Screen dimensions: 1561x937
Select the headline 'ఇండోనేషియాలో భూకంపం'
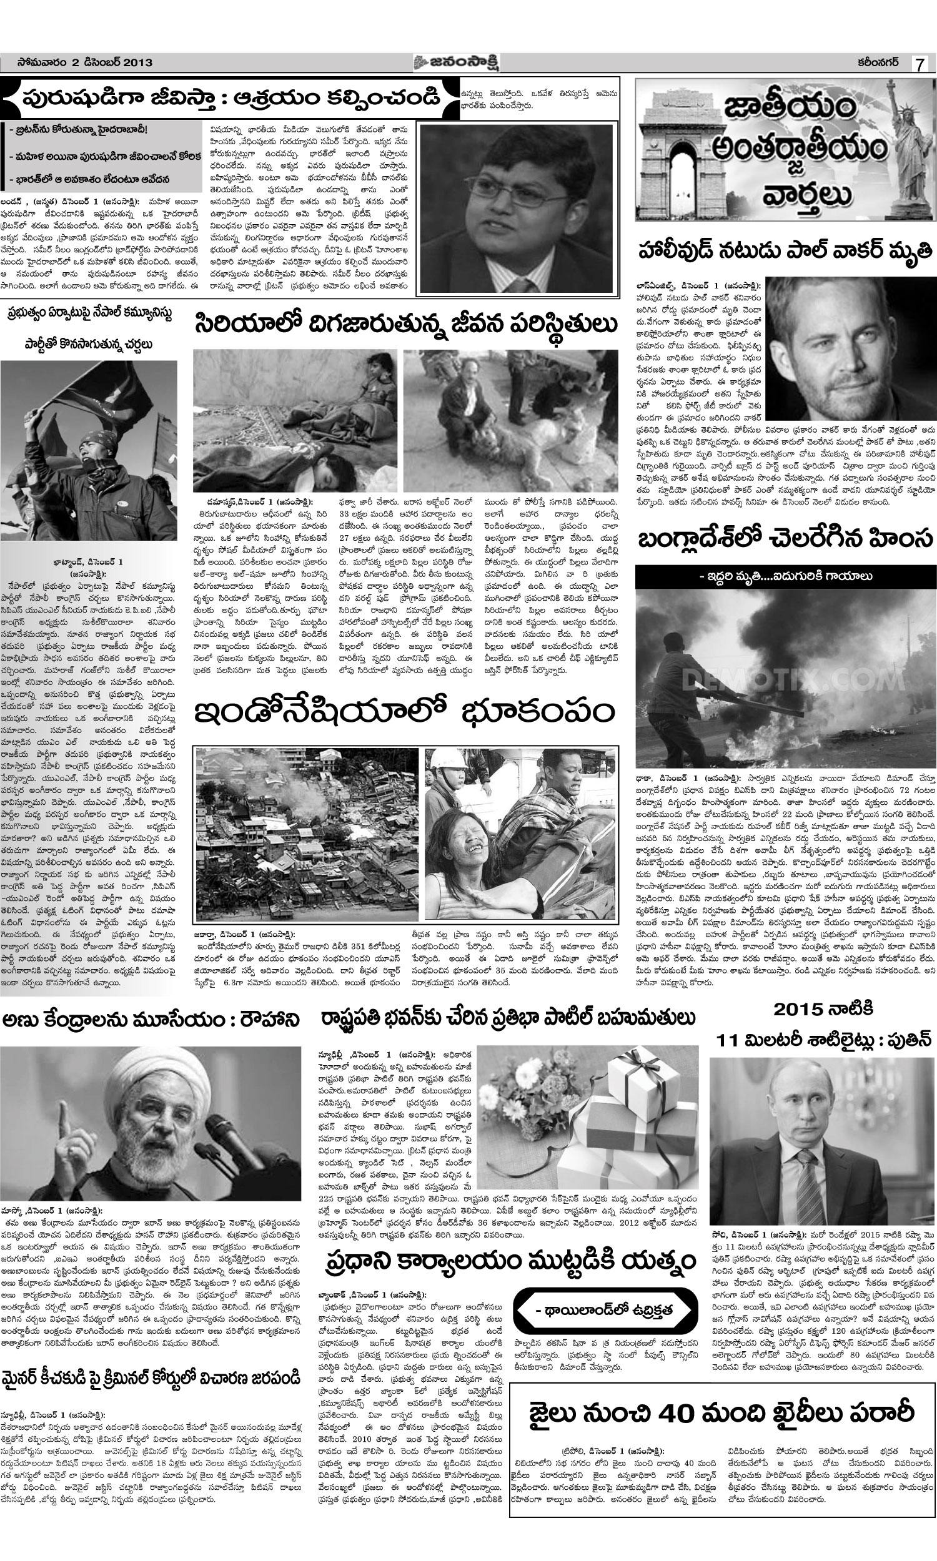point(404,714)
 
